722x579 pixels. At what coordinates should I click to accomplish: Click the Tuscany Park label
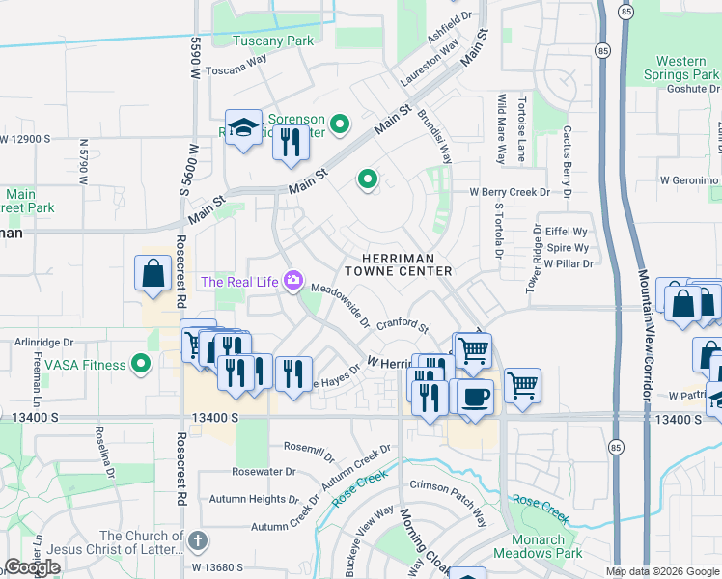pyautogui.click(x=280, y=41)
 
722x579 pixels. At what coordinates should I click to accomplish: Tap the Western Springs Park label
pyautogui.click(x=680, y=68)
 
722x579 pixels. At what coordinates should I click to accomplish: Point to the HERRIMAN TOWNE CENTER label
pyautogui.click(x=406, y=265)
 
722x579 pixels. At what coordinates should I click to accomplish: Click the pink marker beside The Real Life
pyautogui.click(x=293, y=282)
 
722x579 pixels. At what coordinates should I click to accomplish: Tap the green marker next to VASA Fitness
pyautogui.click(x=142, y=365)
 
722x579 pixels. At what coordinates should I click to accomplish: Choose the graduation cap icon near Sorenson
pyautogui.click(x=244, y=127)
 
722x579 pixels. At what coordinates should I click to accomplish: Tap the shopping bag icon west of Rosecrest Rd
pyautogui.click(x=153, y=273)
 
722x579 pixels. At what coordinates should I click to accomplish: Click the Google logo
pyautogui.click(x=32, y=567)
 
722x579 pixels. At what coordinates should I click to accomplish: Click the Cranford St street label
pyautogui.click(x=403, y=324)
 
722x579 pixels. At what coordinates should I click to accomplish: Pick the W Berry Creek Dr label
pyautogui.click(x=509, y=192)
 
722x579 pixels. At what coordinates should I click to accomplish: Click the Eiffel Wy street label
pyautogui.click(x=567, y=233)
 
